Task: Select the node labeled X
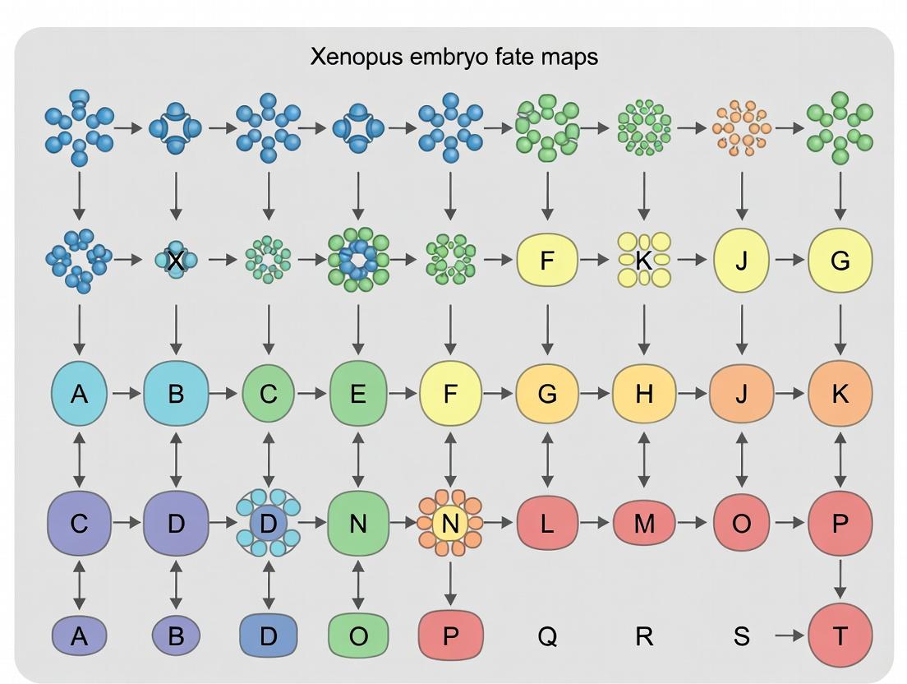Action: coord(175,261)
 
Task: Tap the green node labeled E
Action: coord(357,394)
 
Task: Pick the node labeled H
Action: coord(644,394)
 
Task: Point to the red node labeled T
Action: coord(840,636)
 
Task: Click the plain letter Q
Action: coord(547,636)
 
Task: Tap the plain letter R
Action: coord(644,636)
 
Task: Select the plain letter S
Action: coord(741,636)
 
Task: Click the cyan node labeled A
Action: coord(79,394)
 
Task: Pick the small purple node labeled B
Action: coord(176,636)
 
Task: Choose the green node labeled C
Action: coord(269,394)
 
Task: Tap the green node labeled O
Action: coord(357,636)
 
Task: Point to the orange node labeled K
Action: coord(840,394)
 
